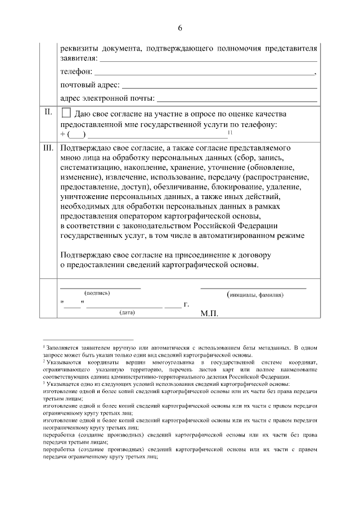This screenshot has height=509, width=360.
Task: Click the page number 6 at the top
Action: click(180, 28)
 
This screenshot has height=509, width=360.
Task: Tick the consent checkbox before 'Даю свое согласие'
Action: click(66, 113)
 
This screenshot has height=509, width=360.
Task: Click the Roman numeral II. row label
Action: click(48, 112)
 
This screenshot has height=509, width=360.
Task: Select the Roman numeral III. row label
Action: click(48, 148)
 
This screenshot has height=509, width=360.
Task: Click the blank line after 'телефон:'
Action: click(203, 73)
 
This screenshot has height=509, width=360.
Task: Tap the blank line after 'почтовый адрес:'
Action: click(219, 87)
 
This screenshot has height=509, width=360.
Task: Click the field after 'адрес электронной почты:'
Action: click(236, 101)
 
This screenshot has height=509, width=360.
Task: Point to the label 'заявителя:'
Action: click(79, 58)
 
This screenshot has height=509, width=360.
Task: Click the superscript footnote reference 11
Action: click(229, 132)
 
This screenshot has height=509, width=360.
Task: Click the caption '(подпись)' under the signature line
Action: click(97, 293)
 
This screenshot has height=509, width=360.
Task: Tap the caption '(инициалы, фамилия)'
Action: click(255, 295)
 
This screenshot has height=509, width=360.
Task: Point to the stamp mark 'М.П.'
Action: click(209, 313)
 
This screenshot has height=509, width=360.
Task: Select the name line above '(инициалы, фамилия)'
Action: click(253, 287)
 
